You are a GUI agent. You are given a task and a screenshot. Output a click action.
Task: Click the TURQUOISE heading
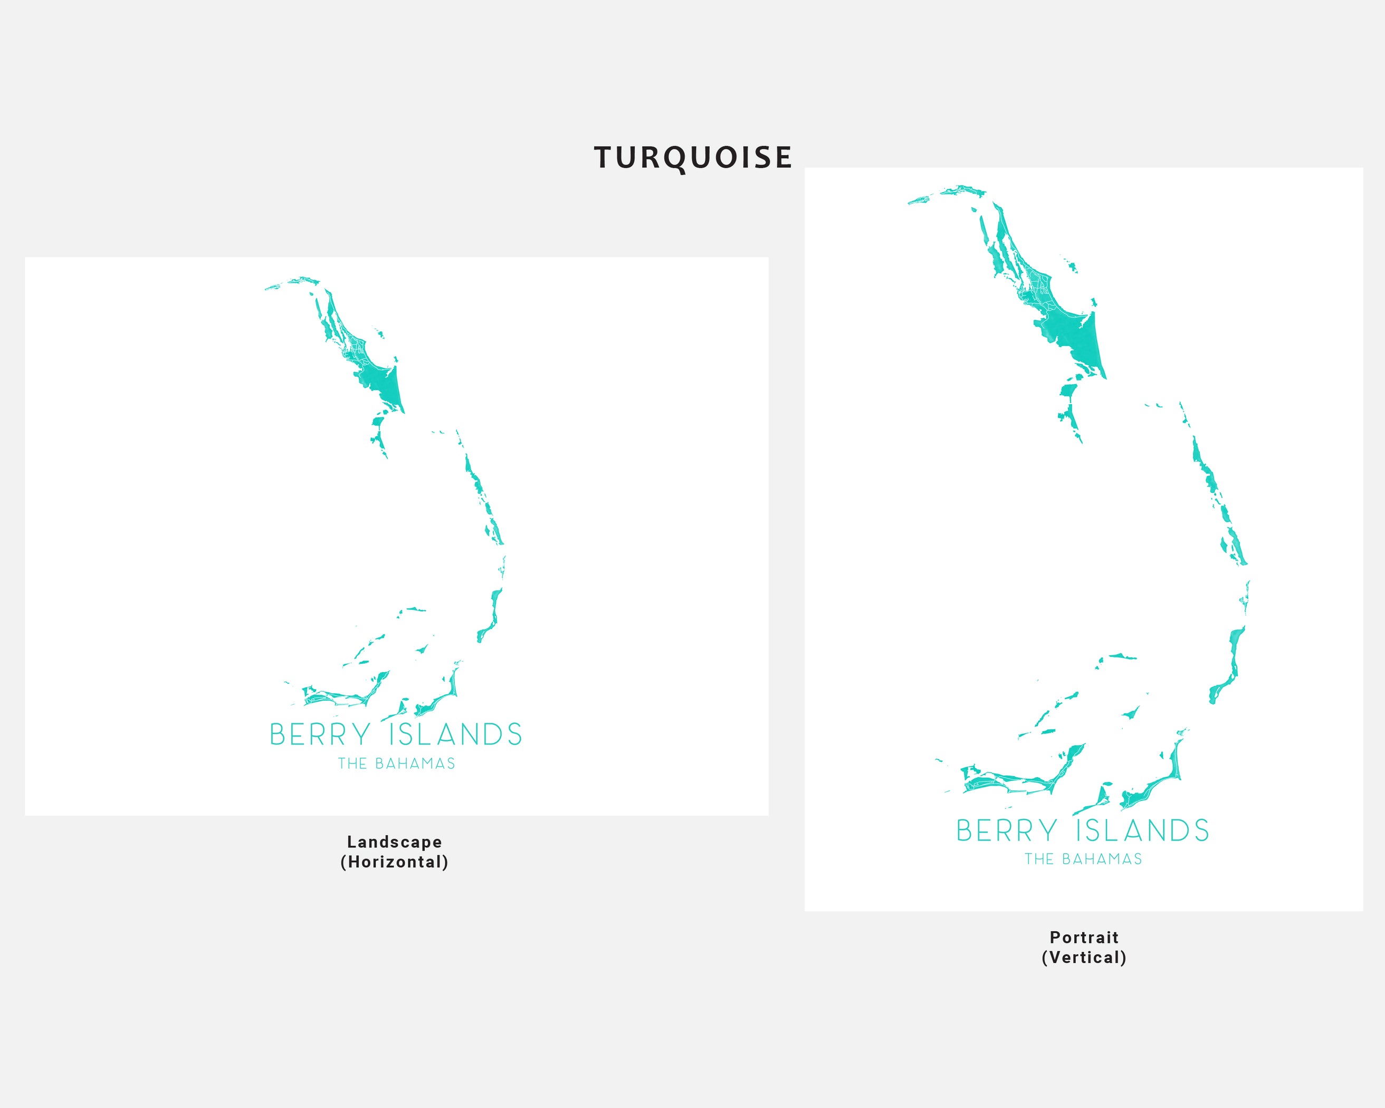tap(692, 158)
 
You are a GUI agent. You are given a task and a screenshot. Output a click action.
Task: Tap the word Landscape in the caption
tap(395, 842)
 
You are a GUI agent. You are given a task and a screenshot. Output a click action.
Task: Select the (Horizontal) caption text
tap(395, 862)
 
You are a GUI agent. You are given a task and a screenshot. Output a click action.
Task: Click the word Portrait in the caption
tap(1084, 938)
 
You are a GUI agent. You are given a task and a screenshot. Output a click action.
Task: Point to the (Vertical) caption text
tap(1084, 958)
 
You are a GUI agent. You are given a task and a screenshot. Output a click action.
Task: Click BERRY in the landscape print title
tap(320, 735)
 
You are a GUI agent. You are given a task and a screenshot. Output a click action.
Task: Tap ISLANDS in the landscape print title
tap(455, 735)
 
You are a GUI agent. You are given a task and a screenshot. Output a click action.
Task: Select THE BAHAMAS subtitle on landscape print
tap(396, 763)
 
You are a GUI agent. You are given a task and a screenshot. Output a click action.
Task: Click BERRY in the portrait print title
tap(1007, 830)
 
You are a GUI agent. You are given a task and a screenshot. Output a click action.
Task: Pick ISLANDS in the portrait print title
tap(1143, 830)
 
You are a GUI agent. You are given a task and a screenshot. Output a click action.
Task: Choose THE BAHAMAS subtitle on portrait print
tap(1084, 859)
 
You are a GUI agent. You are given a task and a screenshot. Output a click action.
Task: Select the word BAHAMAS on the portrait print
tap(1102, 859)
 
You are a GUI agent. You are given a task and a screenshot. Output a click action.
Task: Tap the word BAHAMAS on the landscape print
tap(415, 763)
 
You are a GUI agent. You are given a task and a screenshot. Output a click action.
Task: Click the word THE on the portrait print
tap(1039, 859)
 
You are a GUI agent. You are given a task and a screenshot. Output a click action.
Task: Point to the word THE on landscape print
tap(352, 763)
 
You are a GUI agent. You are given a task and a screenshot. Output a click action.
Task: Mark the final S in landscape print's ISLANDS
tap(513, 735)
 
